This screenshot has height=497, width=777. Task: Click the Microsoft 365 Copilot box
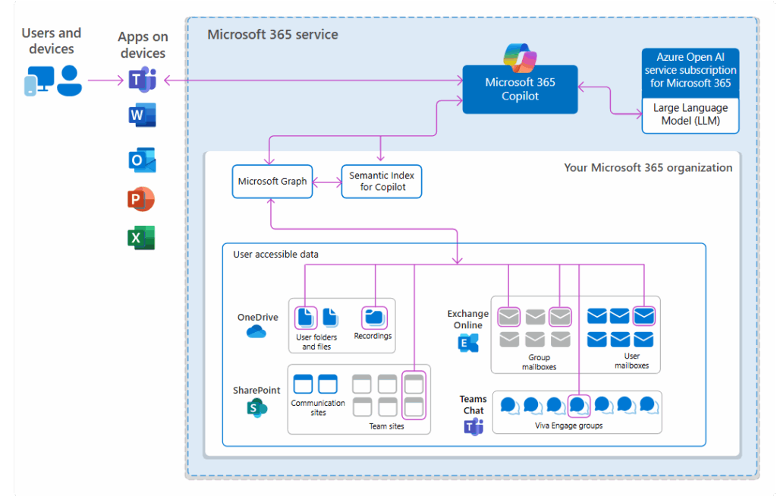tap(520, 90)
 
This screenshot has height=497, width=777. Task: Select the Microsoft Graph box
tap(272, 182)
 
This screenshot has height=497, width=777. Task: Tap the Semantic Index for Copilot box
tap(382, 182)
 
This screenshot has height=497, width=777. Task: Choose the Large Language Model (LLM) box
tap(690, 115)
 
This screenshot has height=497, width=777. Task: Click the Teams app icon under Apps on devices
tap(142, 79)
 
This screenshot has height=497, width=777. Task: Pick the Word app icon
tap(142, 116)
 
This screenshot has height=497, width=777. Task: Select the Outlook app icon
tap(142, 160)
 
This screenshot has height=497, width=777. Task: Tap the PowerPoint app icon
tap(141, 200)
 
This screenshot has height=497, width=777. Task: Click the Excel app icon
tap(141, 238)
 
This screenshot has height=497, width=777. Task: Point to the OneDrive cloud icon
tap(256, 331)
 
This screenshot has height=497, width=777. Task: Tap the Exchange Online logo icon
tap(468, 343)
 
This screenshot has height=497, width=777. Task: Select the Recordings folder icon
tap(373, 317)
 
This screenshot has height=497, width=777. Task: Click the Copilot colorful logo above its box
tap(521, 57)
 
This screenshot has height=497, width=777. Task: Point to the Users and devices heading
tap(52, 41)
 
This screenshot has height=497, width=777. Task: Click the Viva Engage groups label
tap(569, 426)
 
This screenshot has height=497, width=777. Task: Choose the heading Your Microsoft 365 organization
tap(648, 167)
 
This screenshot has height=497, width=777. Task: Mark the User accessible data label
tap(275, 255)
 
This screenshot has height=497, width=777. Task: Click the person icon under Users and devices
tap(70, 80)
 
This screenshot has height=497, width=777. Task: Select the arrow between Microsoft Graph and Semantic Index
tap(327, 182)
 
